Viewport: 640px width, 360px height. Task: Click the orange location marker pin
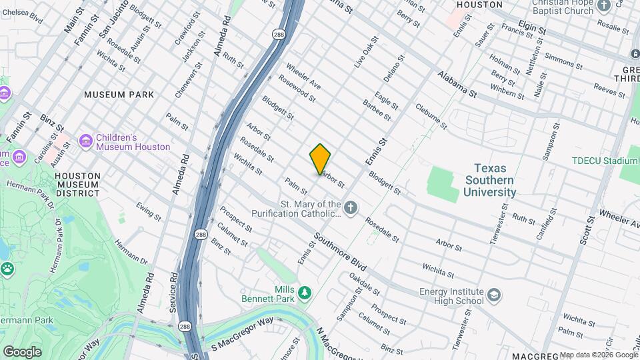coord(321,159)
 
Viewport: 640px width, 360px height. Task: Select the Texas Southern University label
coord(491,181)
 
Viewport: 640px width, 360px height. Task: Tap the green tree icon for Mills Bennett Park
coord(305,293)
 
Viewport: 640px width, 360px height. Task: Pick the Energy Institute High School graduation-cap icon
coord(494,295)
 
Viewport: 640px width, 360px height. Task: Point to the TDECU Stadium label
coord(605,161)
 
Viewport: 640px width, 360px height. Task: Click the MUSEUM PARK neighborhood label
coord(119,95)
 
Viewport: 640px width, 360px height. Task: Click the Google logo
coord(22,351)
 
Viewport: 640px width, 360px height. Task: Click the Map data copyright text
coord(598,355)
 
